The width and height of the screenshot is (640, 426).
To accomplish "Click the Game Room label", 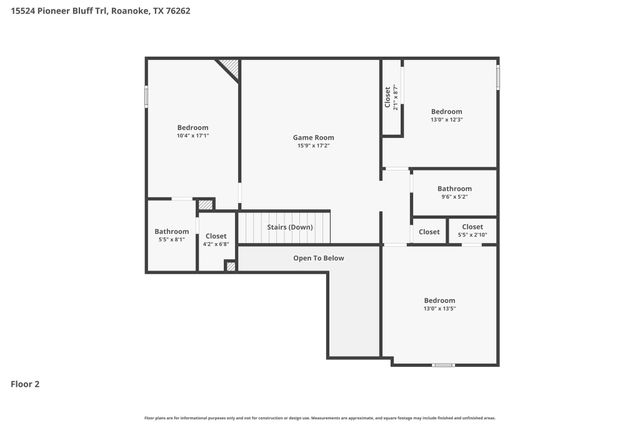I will (313, 137).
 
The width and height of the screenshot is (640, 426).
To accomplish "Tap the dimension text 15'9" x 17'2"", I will (313, 146).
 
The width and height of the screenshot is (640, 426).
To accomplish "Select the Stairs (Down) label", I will (290, 227).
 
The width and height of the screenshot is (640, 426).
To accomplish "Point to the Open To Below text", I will (318, 258).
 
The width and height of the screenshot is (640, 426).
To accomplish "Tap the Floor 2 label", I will (25, 383).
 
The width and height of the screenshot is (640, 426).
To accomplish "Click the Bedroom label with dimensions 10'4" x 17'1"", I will (192, 127).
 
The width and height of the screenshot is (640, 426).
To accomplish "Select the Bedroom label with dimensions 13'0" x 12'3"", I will (446, 111).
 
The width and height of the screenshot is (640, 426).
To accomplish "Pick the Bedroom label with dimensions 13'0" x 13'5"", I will (439, 300).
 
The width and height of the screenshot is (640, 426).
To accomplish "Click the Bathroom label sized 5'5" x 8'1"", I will (171, 231).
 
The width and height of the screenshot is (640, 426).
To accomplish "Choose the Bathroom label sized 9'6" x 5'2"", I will (453, 188).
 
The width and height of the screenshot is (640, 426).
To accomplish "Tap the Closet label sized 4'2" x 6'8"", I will (216, 236).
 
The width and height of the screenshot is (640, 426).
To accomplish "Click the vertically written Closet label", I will (388, 97).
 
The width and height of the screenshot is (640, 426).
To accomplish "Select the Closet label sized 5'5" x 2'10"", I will (472, 227).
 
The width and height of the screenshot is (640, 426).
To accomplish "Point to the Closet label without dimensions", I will (429, 232).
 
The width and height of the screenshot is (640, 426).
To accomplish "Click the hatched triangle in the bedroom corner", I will (230, 68).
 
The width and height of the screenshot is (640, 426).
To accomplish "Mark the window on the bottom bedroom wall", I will (443, 365).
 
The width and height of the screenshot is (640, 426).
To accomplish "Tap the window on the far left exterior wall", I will (147, 95).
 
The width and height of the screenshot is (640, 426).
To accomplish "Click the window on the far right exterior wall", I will (498, 76).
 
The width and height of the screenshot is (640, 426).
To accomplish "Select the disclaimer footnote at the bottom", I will (319, 417).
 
